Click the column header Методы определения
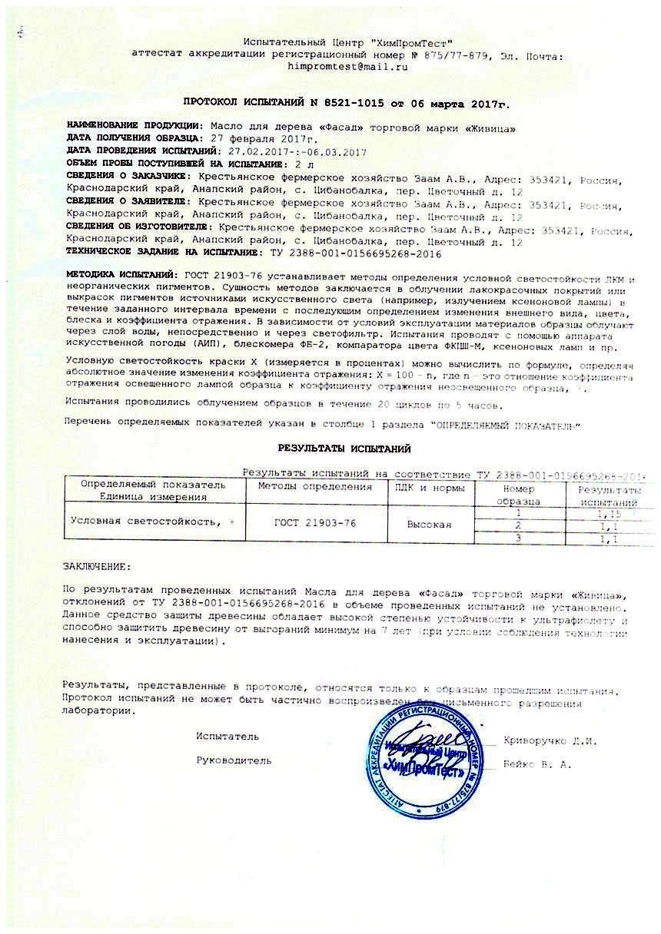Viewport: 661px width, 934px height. click(x=314, y=487)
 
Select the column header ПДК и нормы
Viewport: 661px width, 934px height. click(x=429, y=487)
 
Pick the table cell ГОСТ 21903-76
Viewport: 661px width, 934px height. click(x=314, y=523)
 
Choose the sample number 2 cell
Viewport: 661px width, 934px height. click(x=518, y=525)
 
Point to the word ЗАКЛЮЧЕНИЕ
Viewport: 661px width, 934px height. click(x=97, y=567)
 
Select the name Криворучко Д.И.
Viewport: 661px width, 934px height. click(x=550, y=740)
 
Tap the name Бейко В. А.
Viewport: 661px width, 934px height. click(x=538, y=764)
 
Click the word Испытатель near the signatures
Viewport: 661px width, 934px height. click(x=228, y=736)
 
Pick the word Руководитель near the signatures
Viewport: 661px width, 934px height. click(x=234, y=760)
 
